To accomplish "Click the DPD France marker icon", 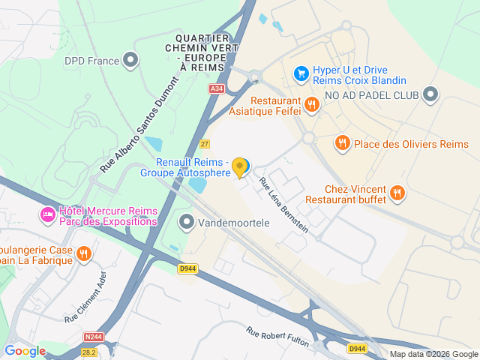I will click(131, 58).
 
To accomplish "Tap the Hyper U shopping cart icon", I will click(301, 73).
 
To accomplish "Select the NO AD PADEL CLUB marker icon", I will click(430, 94).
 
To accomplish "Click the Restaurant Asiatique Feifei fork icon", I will click(311, 106).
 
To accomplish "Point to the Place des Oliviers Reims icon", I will click(343, 142).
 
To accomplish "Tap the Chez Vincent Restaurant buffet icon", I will click(397, 193).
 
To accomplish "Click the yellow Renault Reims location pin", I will click(240, 167).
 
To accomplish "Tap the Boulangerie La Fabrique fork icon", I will click(84, 254).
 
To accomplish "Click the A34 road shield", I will click(217, 88).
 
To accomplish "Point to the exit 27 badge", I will click(205, 143).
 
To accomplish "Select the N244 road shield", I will click(94, 337).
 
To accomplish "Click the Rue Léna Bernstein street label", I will click(283, 205).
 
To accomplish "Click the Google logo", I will click(25, 351).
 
